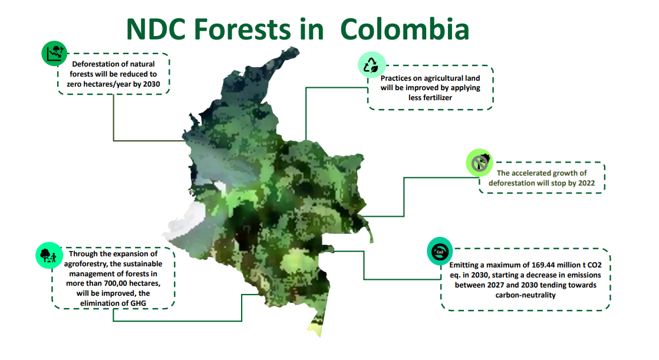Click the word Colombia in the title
[404, 29]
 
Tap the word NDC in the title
[156, 29]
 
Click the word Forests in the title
[242, 29]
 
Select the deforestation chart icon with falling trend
[55, 54]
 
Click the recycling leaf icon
[371, 65]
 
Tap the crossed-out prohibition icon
[480, 163]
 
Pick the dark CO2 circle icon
[440, 251]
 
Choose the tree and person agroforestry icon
[49, 255]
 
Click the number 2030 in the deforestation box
[151, 84]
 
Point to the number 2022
[586, 183]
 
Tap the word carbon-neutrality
[525, 295]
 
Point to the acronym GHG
[138, 303]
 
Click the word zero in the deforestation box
[75, 84]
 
